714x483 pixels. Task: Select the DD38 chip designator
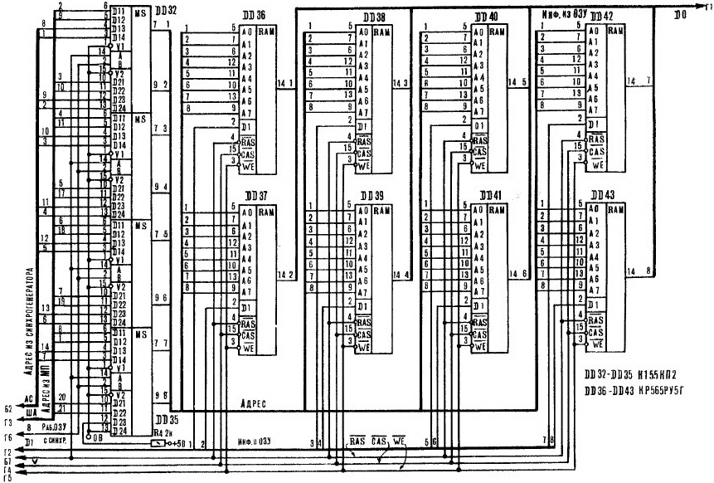pos(374,17)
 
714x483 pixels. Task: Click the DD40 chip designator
pos(488,17)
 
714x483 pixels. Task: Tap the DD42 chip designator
pos(603,17)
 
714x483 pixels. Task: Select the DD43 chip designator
pos(605,194)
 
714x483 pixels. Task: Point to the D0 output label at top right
pos(679,15)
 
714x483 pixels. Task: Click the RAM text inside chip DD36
pos(268,32)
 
